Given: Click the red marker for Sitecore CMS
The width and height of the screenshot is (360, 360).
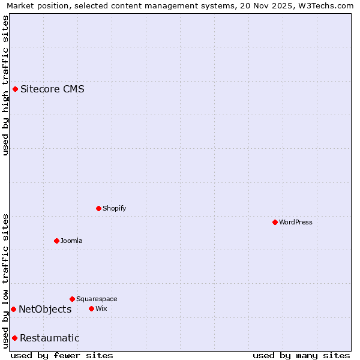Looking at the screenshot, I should [16, 89].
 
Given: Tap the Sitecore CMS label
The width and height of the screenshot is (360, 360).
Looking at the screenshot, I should [52, 89].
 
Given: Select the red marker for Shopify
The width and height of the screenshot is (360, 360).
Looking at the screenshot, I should [98, 208].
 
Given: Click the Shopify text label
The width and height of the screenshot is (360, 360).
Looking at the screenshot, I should [114, 208].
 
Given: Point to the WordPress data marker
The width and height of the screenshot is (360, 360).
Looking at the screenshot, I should [275, 222].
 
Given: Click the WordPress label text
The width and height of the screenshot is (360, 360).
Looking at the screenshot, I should [296, 222].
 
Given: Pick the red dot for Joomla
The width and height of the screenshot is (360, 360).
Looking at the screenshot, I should [56, 241].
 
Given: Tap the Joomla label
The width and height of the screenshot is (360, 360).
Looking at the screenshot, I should [71, 241].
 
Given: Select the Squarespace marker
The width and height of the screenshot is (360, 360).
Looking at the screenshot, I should [72, 299].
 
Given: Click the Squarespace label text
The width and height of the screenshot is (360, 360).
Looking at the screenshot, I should [97, 299].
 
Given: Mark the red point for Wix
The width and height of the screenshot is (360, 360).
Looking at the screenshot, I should [91, 308].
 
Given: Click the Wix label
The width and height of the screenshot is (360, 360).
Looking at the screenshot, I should [101, 308].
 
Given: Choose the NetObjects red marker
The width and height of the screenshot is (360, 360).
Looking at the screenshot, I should [13, 309].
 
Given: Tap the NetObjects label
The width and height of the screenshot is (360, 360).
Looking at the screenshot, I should [45, 309].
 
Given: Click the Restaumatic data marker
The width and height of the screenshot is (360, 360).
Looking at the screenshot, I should [14, 338].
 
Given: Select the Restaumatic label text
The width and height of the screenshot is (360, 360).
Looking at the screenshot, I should [49, 338].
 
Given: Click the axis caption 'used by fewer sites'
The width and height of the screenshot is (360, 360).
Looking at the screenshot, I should [62, 355].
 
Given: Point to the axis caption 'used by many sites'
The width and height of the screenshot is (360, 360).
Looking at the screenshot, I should [301, 355].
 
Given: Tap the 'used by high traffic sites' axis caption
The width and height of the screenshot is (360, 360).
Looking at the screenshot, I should [5, 85].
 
